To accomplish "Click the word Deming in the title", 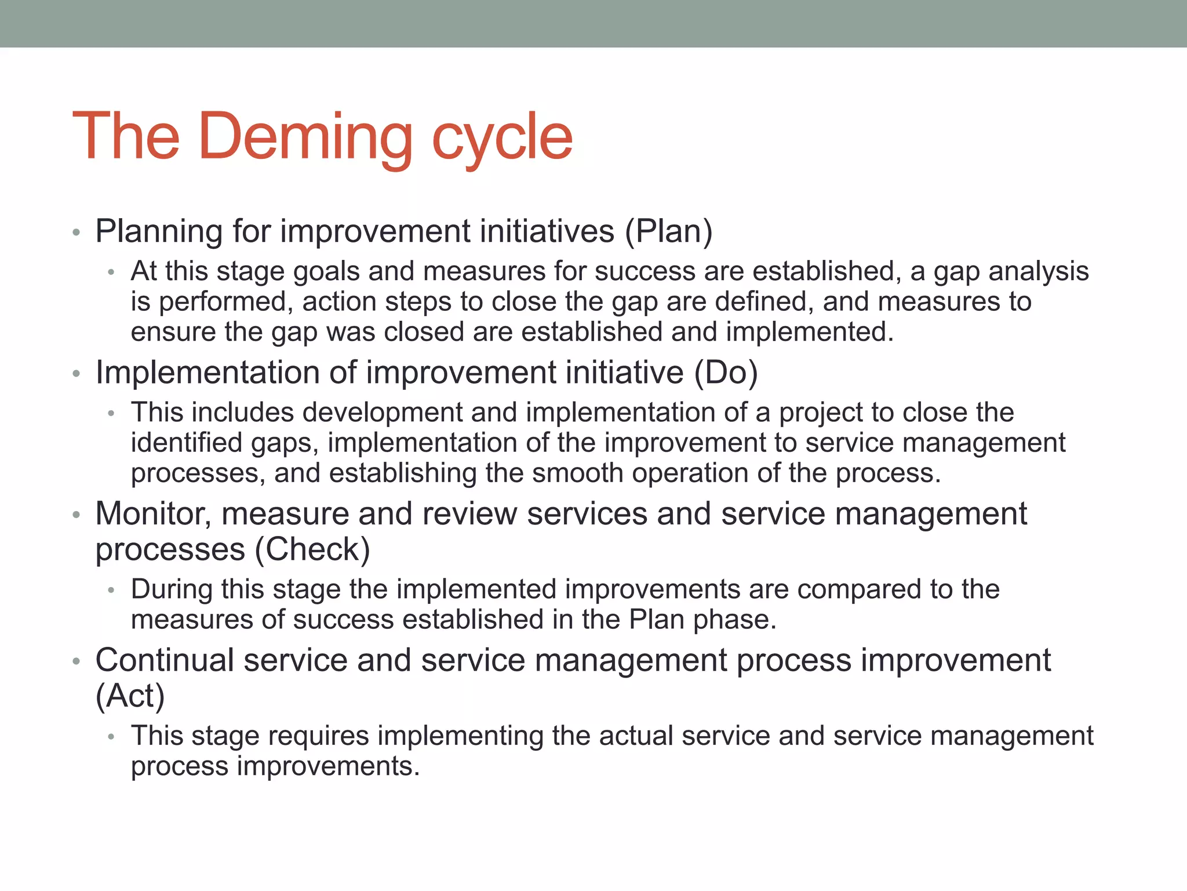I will (305, 137).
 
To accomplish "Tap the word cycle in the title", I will (502, 137).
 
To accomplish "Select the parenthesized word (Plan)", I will (668, 231).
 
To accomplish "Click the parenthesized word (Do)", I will (726, 372).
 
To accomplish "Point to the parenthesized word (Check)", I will (312, 549).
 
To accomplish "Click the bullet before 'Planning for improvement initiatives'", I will (76, 233).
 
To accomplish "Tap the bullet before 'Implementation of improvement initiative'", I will (76, 374).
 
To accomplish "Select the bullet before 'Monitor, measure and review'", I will (76, 515).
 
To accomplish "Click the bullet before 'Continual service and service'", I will (76, 662).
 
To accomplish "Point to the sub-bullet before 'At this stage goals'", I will (111, 273).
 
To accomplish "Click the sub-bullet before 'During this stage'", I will (111, 591).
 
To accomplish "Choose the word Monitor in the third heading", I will (153, 513).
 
